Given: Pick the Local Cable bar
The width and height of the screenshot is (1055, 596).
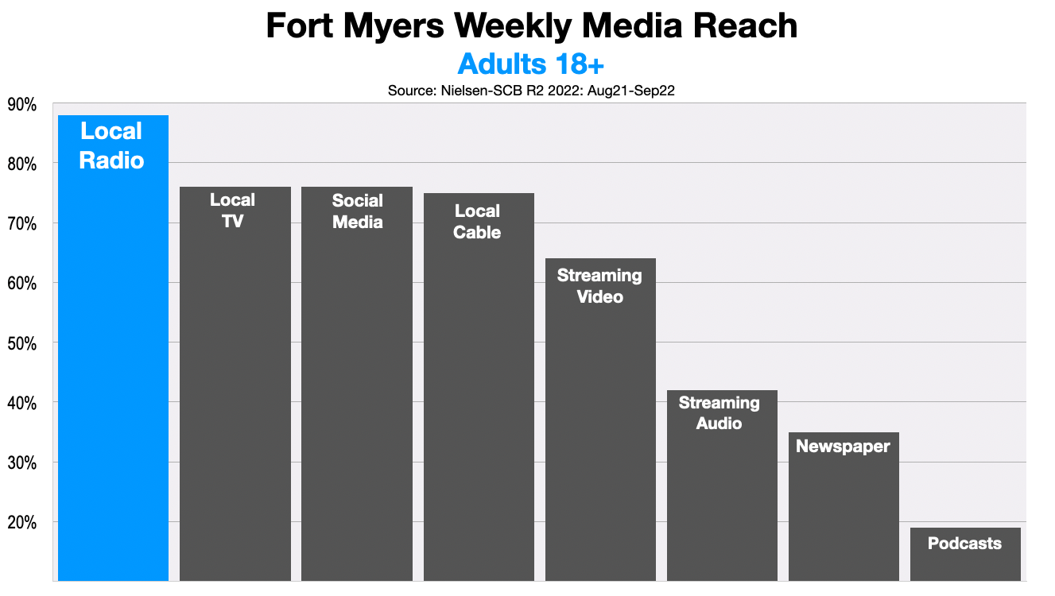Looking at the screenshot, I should pos(479,389).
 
